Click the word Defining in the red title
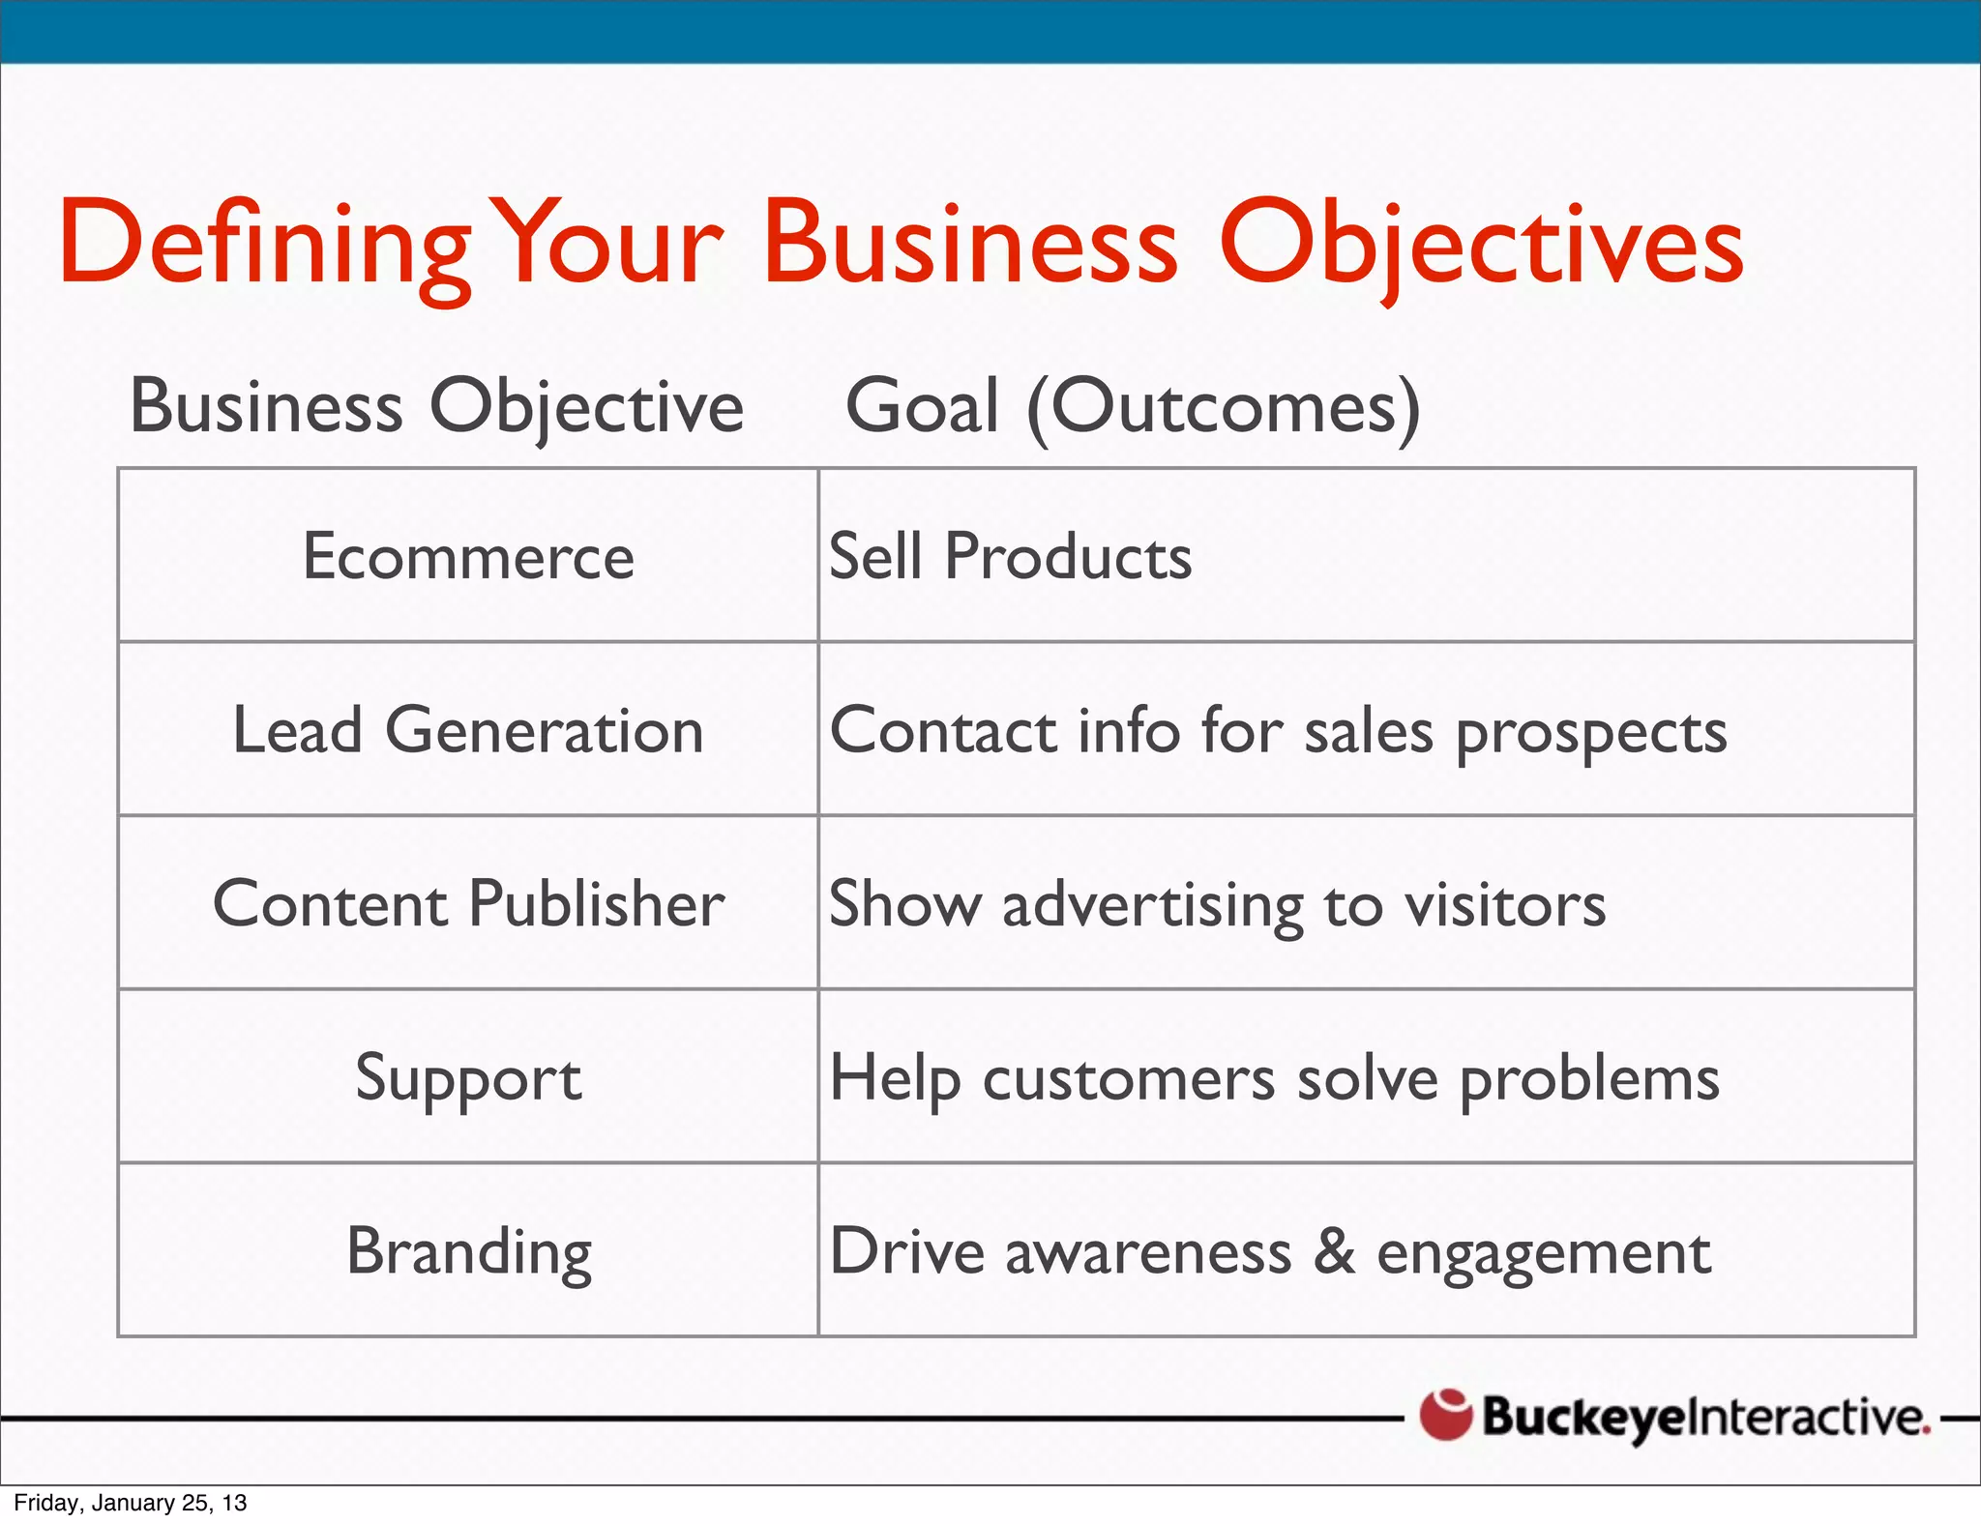[263, 244]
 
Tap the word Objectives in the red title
[1481, 244]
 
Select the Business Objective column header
[437, 406]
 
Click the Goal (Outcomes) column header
[1133, 406]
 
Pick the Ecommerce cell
[468, 556]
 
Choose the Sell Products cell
[1011, 556]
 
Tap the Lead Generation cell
[468, 730]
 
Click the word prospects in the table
[1591, 733]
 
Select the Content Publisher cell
[468, 904]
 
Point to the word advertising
[1153, 906]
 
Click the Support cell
[468, 1078]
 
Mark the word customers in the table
[1129, 1079]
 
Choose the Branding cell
[468, 1252]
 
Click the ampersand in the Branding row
[1334, 1251]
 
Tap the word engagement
[1544, 1254]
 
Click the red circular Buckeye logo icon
[1446, 1415]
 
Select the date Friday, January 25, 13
[131, 1503]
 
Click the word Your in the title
[608, 244]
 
